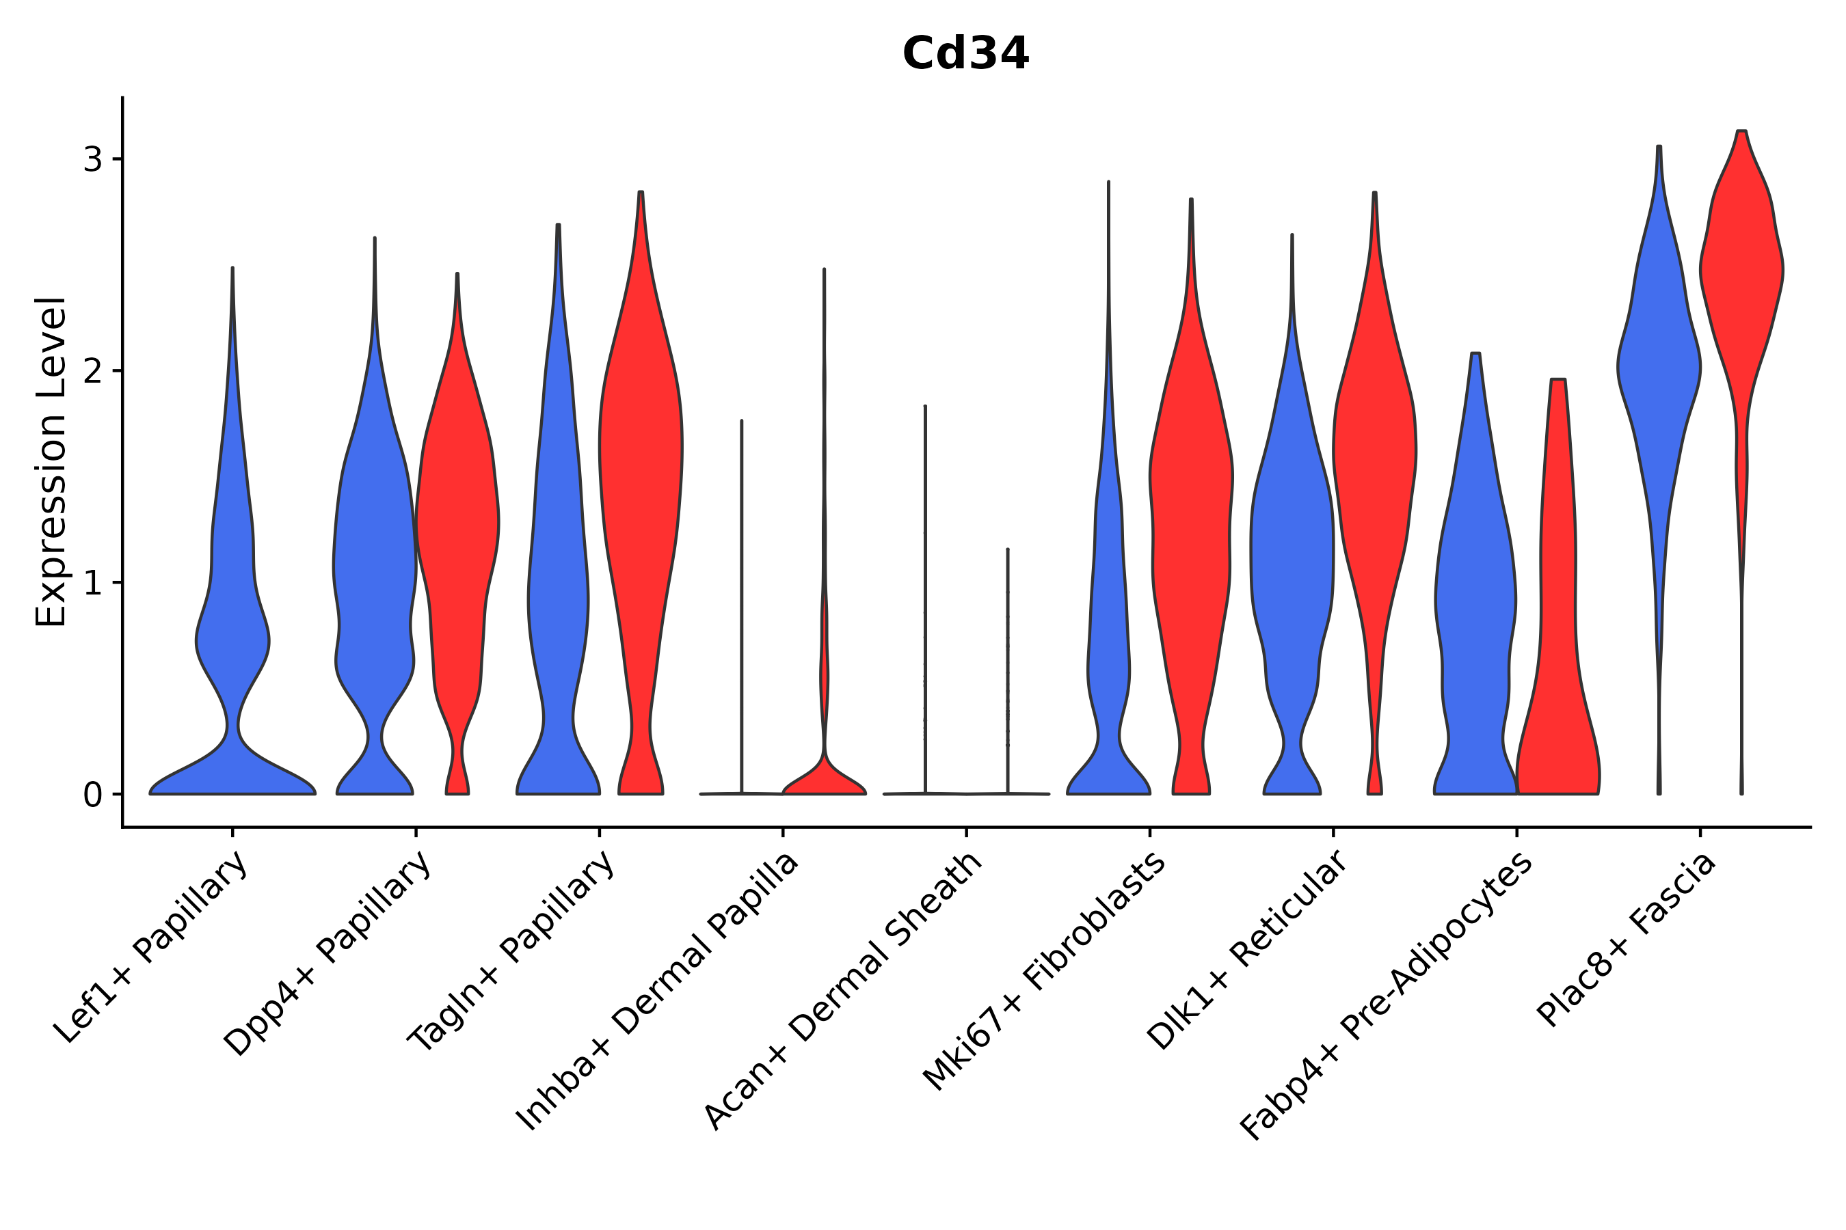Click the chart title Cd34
[x=965, y=54]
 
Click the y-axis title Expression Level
[x=51, y=462]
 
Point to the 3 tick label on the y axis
[x=92, y=160]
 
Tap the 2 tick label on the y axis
[x=92, y=371]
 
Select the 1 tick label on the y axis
[x=92, y=583]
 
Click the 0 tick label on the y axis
[x=92, y=795]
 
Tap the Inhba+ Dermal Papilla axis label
[x=658, y=992]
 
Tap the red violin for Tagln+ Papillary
[x=641, y=471]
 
